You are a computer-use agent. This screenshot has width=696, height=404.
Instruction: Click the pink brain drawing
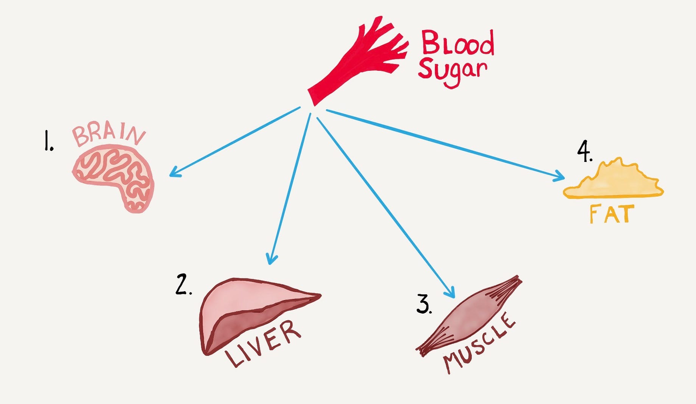tap(114, 176)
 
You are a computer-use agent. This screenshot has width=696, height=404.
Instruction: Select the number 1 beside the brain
tap(48, 141)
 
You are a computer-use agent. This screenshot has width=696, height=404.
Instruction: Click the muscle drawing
tap(470, 316)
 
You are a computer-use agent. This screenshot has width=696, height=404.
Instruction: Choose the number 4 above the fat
tap(584, 152)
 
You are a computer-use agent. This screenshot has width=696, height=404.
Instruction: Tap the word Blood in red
tap(457, 44)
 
